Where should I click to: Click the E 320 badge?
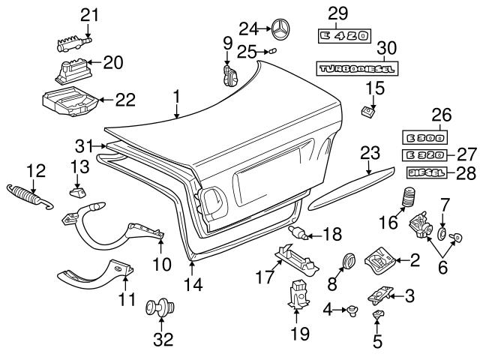point(424,154)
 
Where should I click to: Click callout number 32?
point(163,338)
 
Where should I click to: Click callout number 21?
point(89,14)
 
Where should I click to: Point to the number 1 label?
point(176,95)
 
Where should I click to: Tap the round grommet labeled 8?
point(348,261)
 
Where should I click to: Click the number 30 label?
point(386,47)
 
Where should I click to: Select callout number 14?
point(193,284)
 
